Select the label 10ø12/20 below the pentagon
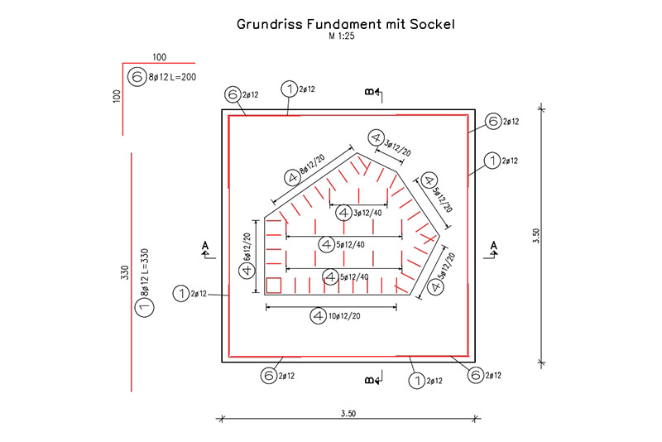tap(344, 315)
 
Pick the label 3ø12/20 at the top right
tap(398, 147)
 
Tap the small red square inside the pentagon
tap(276, 286)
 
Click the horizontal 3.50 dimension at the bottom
tap(347, 411)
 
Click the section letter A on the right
tap(494, 245)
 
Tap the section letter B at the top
tap(370, 92)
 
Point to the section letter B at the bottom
tap(370, 381)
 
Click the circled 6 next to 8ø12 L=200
tap(137, 77)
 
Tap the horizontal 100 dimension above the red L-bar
tap(160, 56)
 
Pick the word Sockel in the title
tap(432, 25)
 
